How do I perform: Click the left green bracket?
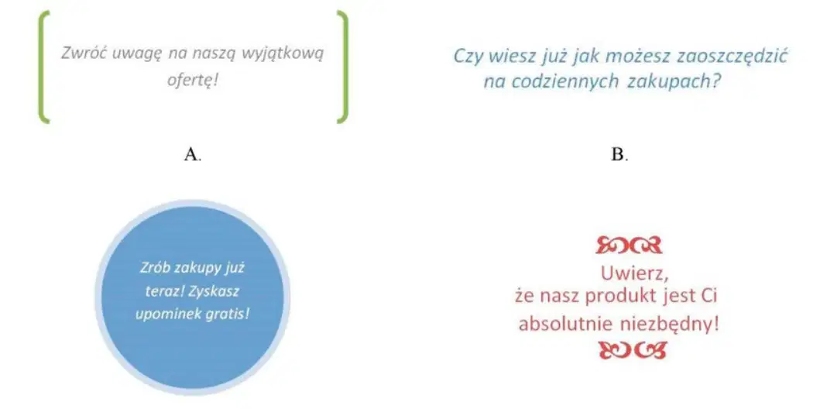click(x=42, y=67)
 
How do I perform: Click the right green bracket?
click(x=345, y=67)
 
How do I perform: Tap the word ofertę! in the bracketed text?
click(x=192, y=80)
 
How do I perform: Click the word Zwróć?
click(x=83, y=53)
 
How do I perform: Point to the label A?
click(x=192, y=153)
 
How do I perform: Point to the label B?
click(x=619, y=154)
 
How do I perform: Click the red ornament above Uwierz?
click(x=629, y=245)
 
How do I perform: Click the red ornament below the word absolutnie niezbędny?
click(x=632, y=350)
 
